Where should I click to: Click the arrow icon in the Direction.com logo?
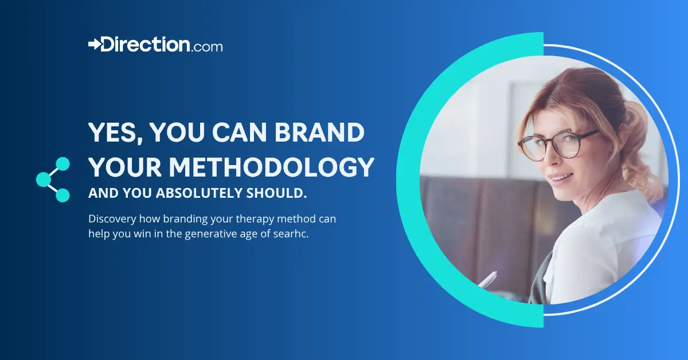[95, 44]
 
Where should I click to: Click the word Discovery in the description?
[111, 219]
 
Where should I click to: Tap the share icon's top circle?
[62, 165]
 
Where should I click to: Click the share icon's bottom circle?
[62, 195]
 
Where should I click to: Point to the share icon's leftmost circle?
[43, 180]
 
